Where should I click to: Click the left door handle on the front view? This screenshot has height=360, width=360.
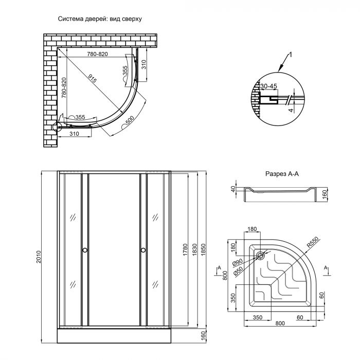84,250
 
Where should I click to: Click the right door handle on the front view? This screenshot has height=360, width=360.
142,250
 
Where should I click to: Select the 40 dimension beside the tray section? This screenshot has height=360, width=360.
233,190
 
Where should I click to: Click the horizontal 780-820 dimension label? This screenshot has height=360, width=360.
97,55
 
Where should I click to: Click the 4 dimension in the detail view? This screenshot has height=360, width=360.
290,110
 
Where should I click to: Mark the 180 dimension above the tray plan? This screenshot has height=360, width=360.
252,229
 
